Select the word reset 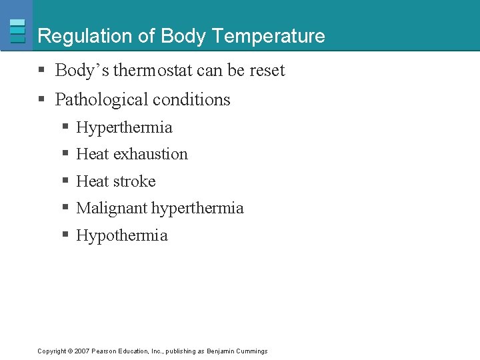point(267,71)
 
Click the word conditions point(193,100)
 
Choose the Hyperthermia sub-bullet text point(124,127)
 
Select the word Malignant point(112,208)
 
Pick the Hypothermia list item point(122,235)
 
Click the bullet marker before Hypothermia point(65,235)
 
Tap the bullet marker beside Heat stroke point(65,181)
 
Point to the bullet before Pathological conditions point(41,99)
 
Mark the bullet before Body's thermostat point(41,70)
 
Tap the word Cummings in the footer point(252,351)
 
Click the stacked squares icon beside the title point(17,31)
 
